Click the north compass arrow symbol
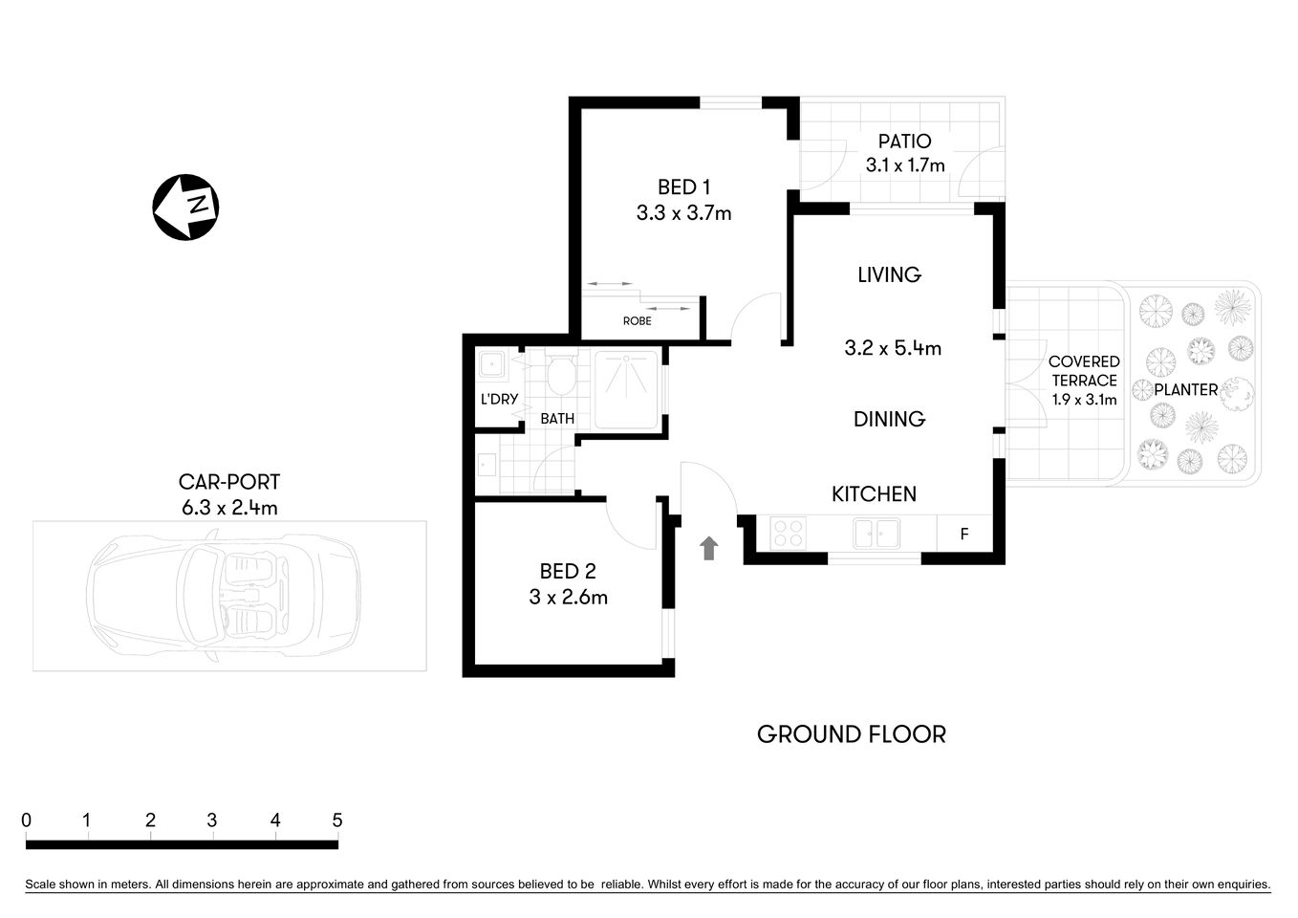tap(186, 207)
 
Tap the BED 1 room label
tap(683, 187)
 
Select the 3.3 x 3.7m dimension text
tap(683, 213)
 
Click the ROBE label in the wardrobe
tap(637, 321)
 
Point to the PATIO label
tap(904, 142)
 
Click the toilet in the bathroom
tap(560, 375)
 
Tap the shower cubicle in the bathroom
tap(626, 390)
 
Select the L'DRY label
tap(498, 399)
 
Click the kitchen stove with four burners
tap(788, 533)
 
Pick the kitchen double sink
tap(876, 533)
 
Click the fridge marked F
tap(963, 534)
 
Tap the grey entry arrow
tap(708, 548)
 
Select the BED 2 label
tap(568, 572)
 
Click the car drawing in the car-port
tap(224, 595)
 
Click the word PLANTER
tap(1185, 390)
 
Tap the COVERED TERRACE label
tap(1083, 371)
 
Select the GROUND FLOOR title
tap(851, 734)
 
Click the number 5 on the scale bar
tap(336, 820)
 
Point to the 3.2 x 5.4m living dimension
tap(893, 349)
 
